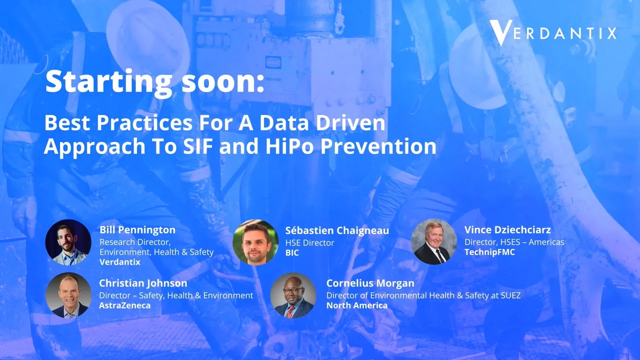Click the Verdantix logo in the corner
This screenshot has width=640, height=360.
click(552, 33)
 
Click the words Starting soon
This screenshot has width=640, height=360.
click(154, 82)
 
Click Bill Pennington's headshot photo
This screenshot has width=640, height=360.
click(68, 242)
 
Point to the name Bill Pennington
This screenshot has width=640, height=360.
click(137, 230)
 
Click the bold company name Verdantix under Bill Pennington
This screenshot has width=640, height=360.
click(120, 262)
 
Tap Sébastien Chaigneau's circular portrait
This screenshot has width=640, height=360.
click(255, 242)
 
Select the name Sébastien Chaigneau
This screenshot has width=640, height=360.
click(337, 230)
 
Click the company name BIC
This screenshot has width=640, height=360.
click(292, 253)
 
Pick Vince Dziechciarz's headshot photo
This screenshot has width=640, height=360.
click(433, 242)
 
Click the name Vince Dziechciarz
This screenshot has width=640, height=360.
click(507, 230)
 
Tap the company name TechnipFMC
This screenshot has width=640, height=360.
click(489, 252)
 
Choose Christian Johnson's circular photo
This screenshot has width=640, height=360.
click(68, 295)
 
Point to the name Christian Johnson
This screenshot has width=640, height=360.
click(143, 283)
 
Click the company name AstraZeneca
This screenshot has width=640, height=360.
click(124, 305)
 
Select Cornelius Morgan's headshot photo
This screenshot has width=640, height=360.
click(293, 295)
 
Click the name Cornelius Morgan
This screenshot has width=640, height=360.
click(370, 283)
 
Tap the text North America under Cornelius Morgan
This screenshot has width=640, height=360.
click(357, 305)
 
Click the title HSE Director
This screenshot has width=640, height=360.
click(309, 242)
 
